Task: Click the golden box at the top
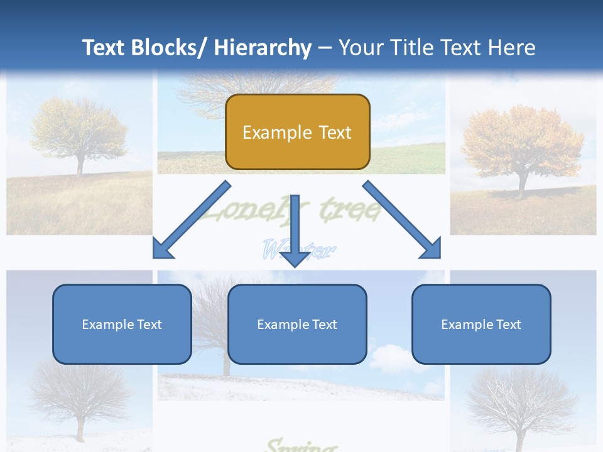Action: pyautogui.click(x=297, y=132)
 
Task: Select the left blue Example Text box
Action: pyautogui.click(x=122, y=324)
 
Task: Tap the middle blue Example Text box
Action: pyautogui.click(x=297, y=324)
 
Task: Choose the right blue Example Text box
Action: pyautogui.click(x=481, y=324)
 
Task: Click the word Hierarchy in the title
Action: pyautogui.click(x=263, y=48)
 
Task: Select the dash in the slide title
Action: pyautogui.click(x=325, y=48)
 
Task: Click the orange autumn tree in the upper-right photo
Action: pyautogui.click(x=521, y=144)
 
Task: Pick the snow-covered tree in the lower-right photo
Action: pyautogui.click(x=521, y=402)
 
